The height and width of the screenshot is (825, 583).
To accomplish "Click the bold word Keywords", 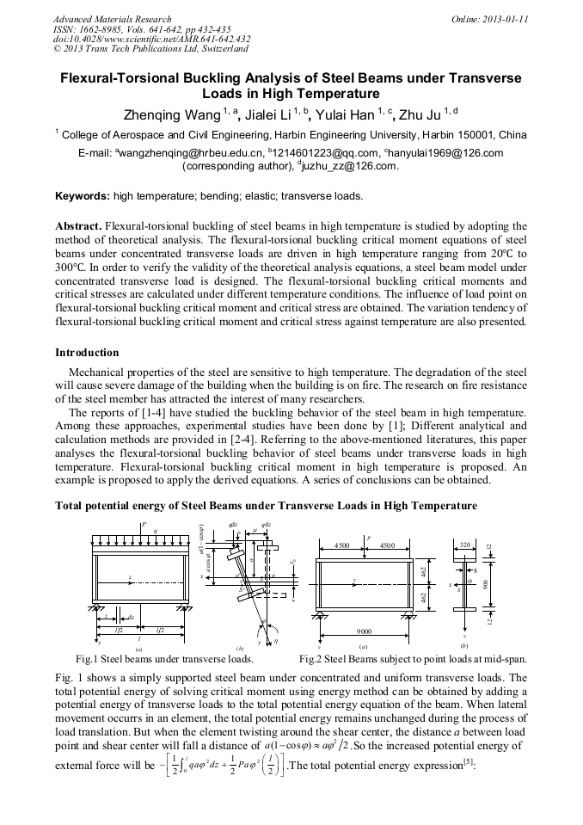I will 82,196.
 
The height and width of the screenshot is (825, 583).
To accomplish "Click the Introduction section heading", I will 87,353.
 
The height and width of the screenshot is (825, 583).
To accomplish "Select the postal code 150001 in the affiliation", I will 453,135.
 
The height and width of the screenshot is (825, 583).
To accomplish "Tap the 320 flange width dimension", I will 465,545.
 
